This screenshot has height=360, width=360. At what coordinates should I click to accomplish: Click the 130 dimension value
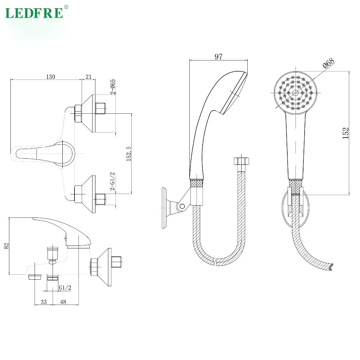(50, 77)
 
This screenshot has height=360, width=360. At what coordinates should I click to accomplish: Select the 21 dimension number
(89, 77)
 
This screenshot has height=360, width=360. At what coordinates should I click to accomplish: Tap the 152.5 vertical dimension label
(129, 153)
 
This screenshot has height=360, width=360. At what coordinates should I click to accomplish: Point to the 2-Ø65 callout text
(112, 86)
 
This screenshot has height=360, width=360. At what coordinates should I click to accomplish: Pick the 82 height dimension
(6, 246)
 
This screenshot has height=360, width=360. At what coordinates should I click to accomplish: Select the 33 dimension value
(44, 302)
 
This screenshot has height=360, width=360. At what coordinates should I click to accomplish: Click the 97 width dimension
(219, 57)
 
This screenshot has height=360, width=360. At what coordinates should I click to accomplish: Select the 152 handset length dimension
(346, 133)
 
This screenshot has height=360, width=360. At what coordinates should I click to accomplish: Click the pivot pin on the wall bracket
(183, 206)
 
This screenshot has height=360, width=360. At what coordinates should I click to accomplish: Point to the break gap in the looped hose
(216, 261)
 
